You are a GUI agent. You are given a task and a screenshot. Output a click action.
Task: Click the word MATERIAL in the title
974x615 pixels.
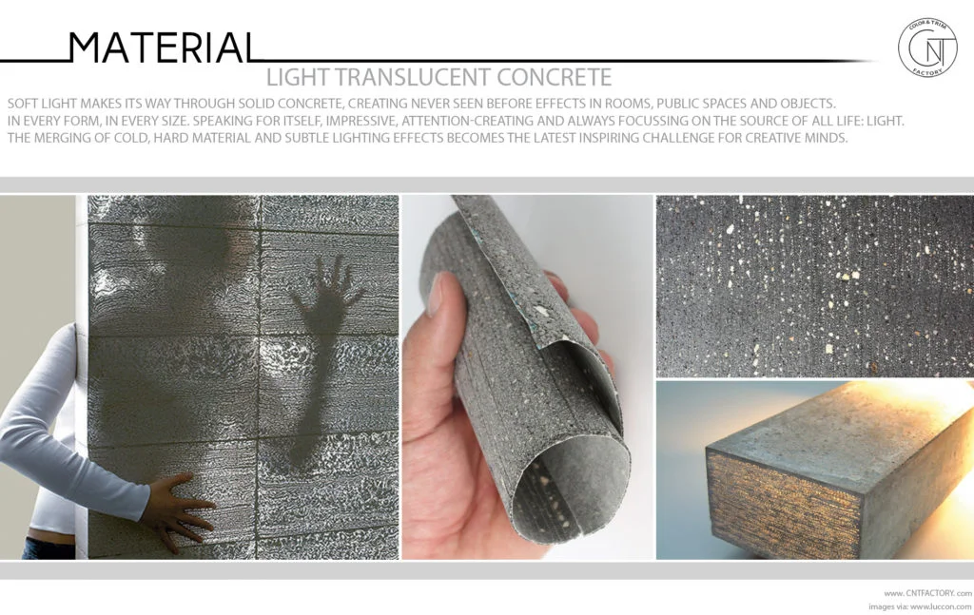(163, 48)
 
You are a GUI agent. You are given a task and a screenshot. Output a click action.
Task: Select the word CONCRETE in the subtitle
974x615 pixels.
(553, 76)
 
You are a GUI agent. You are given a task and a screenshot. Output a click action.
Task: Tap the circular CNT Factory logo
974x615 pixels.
(927, 48)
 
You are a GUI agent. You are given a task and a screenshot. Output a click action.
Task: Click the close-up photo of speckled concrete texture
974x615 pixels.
(814, 285)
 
